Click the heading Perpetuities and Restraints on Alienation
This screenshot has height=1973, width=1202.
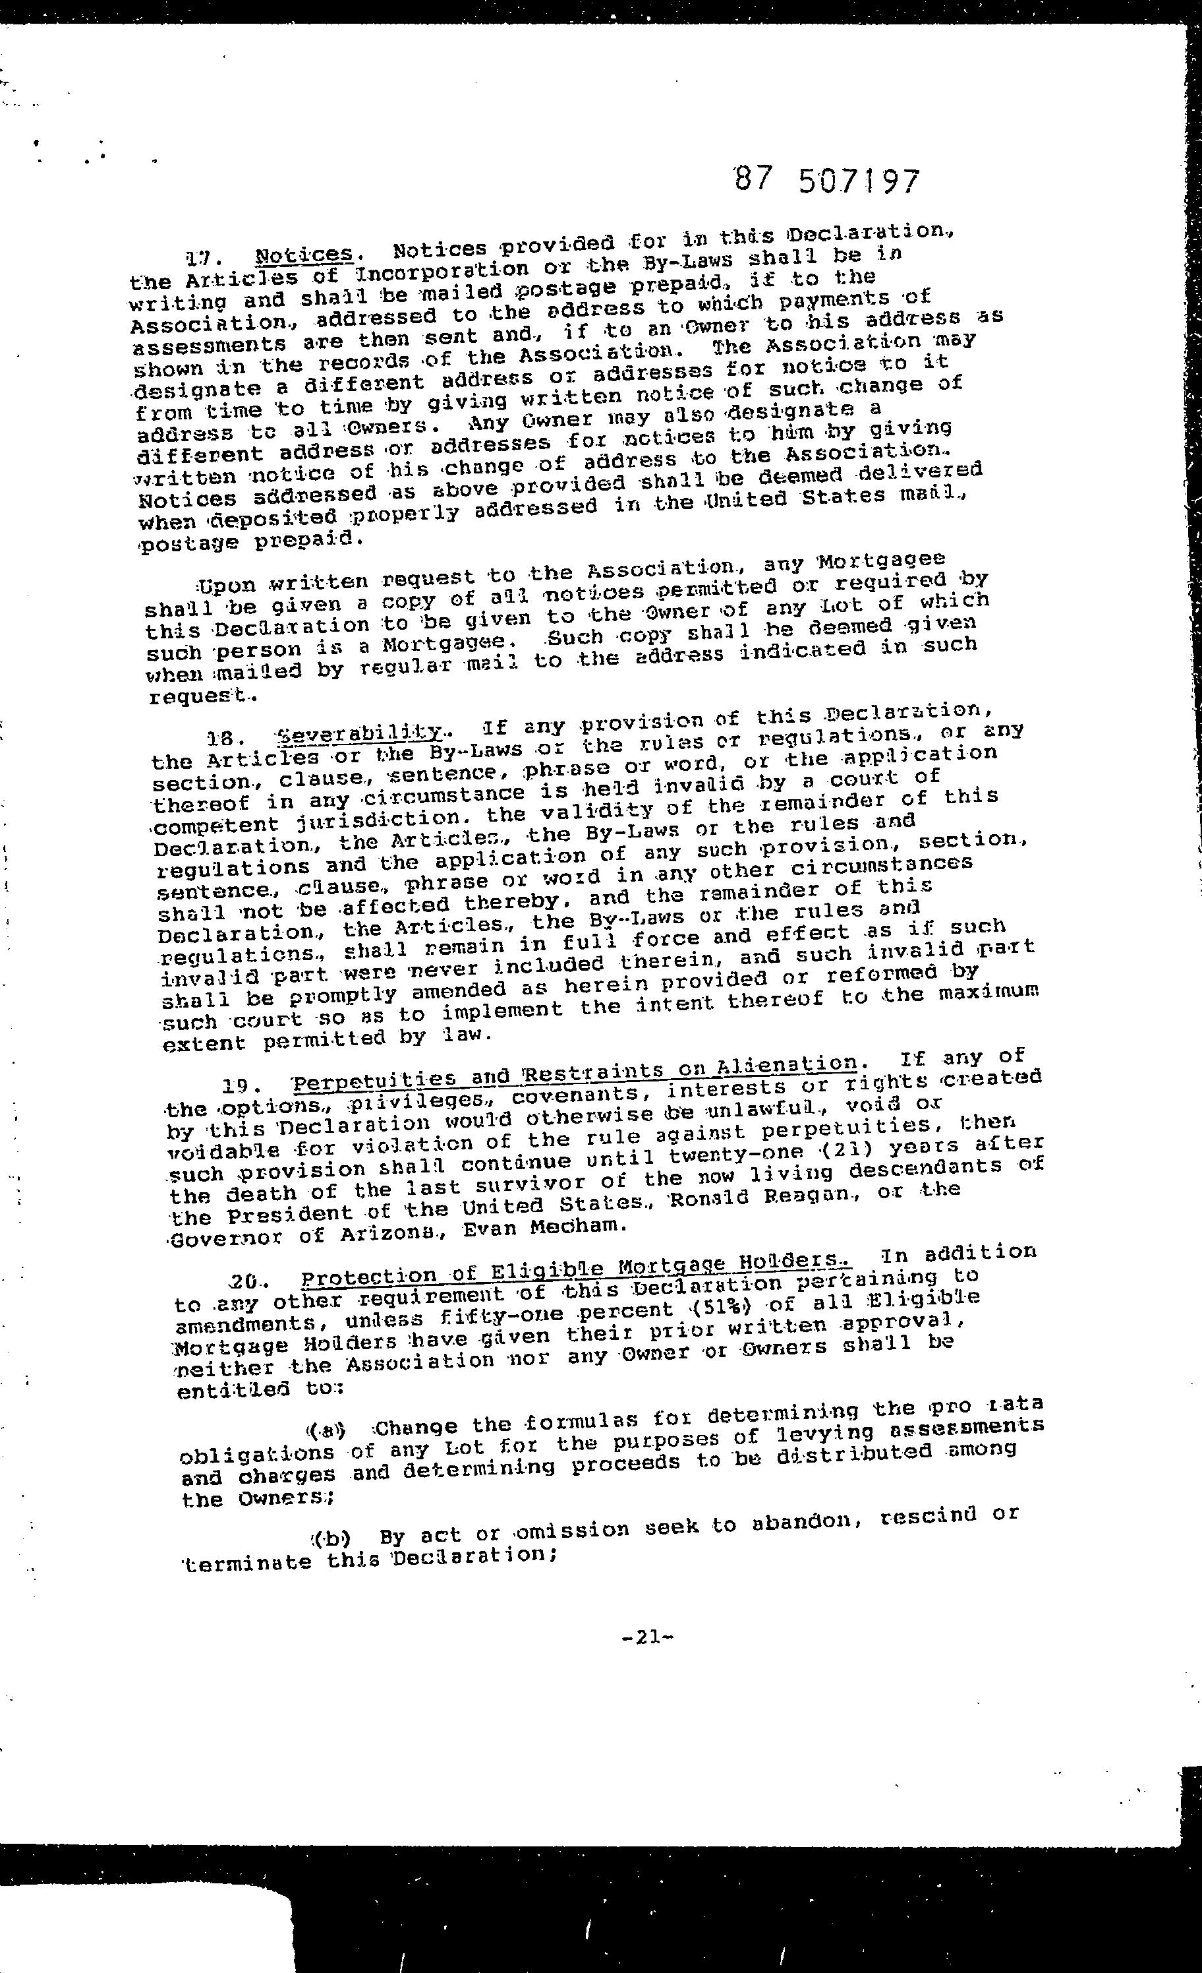[574, 1075]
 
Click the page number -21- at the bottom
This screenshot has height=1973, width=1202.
[646, 1637]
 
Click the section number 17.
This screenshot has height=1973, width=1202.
[197, 258]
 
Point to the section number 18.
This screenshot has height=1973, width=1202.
[220, 740]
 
